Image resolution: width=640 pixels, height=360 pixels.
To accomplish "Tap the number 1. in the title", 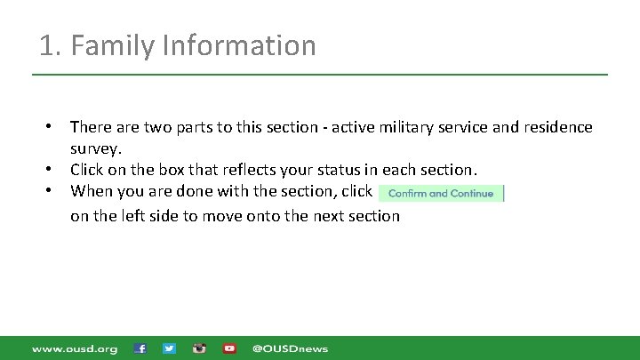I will click(50, 45).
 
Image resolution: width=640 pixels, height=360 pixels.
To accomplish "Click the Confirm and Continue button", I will click(441, 193).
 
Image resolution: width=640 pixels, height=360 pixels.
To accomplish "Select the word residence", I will click(556, 127).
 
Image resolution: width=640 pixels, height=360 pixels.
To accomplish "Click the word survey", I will click(95, 148).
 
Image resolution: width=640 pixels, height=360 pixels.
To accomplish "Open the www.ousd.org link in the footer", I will click(75, 348).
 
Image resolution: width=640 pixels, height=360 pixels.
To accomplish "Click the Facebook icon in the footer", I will click(140, 348).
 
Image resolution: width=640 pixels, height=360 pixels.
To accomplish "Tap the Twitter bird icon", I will click(170, 348).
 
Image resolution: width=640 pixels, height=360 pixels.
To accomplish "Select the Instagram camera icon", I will click(199, 348).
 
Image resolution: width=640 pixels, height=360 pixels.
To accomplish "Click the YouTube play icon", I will click(229, 348).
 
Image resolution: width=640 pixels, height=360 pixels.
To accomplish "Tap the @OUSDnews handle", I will click(290, 348).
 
